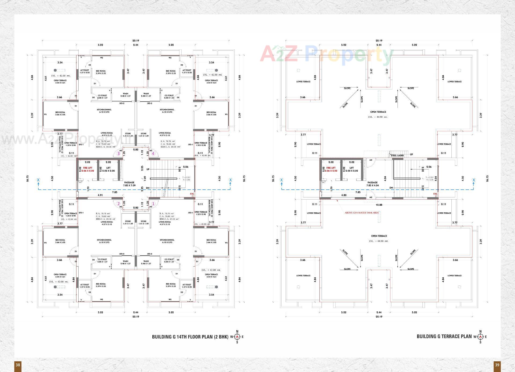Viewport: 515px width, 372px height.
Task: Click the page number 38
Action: (x=18, y=365)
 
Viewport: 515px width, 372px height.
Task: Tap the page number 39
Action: (x=497, y=365)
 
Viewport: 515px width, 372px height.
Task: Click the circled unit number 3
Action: (x=119, y=154)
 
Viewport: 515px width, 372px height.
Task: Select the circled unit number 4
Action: (x=153, y=154)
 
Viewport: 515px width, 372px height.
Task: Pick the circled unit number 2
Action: (x=118, y=204)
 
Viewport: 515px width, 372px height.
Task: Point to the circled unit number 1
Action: (x=153, y=204)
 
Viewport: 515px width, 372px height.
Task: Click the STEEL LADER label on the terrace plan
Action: (x=397, y=156)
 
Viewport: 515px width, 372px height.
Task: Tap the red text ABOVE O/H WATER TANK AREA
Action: (x=362, y=213)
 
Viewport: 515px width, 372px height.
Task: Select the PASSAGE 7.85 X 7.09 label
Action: (x=129, y=184)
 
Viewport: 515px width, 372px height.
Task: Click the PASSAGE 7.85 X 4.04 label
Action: (x=373, y=184)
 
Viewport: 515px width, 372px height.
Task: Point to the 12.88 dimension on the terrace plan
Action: (x=379, y=205)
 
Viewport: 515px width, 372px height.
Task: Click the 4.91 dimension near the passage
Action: (x=100, y=195)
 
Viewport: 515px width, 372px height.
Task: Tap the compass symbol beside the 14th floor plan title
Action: (x=237, y=337)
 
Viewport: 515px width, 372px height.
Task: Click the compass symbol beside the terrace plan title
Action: (x=480, y=337)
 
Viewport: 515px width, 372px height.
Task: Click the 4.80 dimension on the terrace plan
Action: (x=344, y=195)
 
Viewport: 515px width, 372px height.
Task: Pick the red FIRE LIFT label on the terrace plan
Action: (x=331, y=168)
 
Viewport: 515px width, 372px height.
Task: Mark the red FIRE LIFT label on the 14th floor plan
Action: (x=88, y=168)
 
